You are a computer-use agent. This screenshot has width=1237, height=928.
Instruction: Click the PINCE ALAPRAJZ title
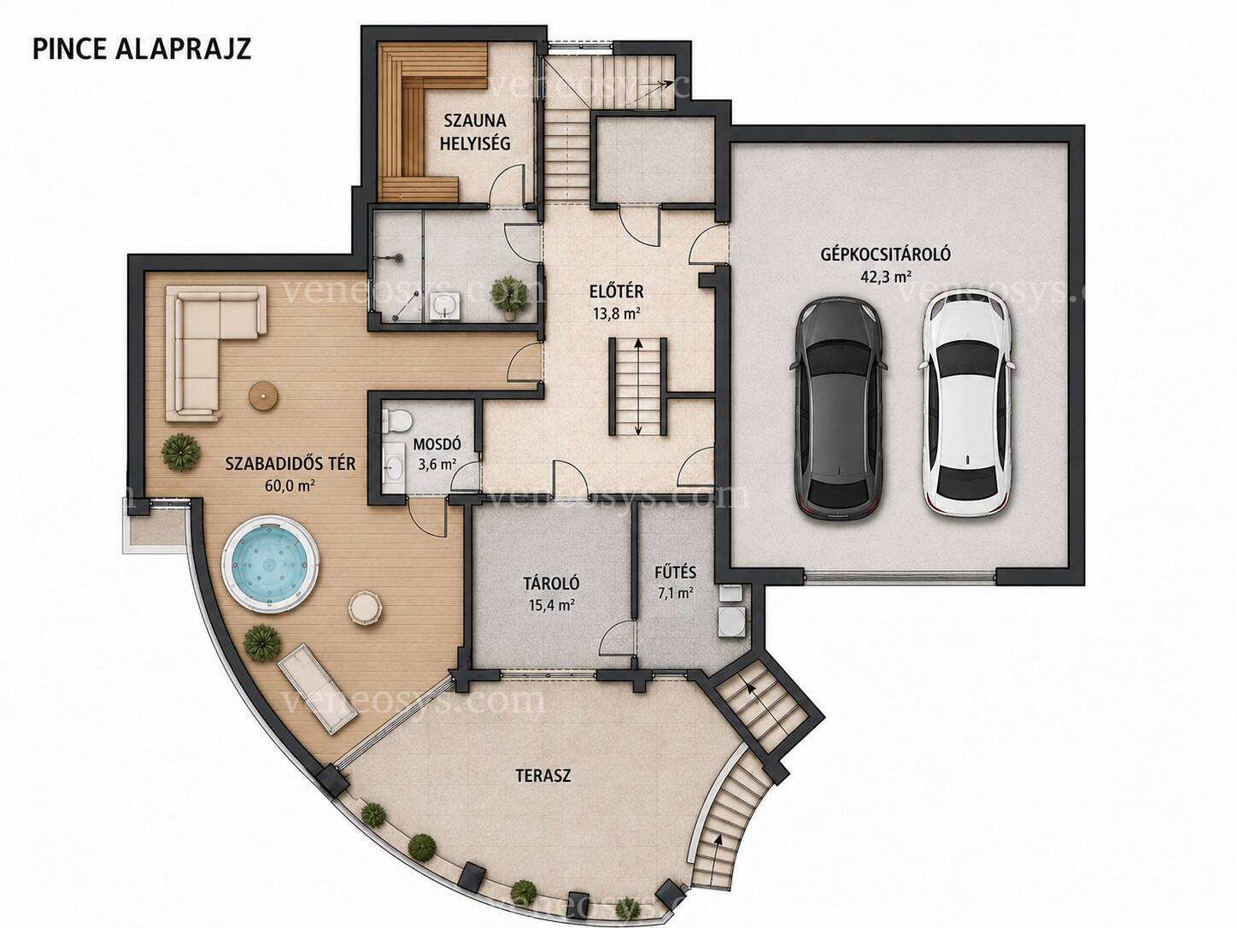coord(142,50)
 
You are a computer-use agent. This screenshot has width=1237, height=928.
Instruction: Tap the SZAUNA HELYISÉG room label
coord(475,132)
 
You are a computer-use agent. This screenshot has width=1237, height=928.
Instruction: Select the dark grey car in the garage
coord(839,409)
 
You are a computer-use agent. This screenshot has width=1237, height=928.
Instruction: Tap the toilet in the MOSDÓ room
coord(396,422)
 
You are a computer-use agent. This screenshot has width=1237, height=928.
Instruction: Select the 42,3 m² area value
coord(886,277)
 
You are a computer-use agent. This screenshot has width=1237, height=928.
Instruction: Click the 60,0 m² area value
coord(290,485)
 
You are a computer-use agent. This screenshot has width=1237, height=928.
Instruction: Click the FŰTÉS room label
coord(675,573)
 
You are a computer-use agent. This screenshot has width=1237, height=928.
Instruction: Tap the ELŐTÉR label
coord(617,292)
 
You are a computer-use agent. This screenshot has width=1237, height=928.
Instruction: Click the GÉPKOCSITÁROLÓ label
coord(886,254)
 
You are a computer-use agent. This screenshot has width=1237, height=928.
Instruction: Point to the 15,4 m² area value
coord(552,606)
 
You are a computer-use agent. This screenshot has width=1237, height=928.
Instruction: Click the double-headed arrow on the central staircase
coord(638,387)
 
